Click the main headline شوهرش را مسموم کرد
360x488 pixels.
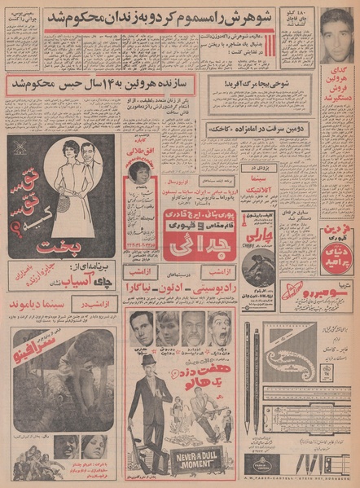161,16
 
